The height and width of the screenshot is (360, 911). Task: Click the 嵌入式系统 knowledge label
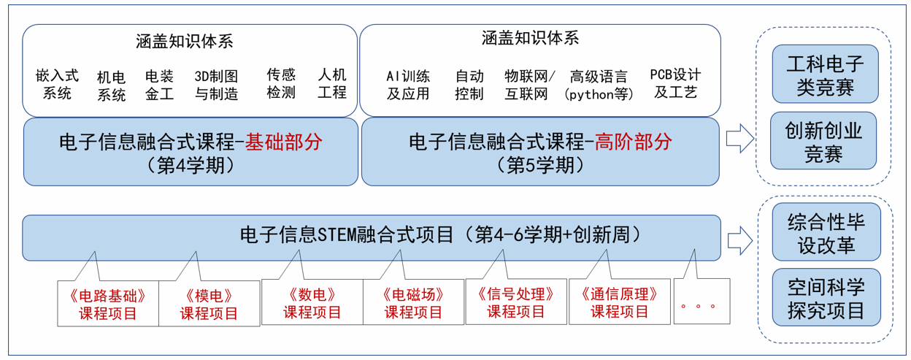57,84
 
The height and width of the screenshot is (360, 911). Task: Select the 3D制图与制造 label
216,85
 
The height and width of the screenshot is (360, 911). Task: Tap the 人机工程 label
332,83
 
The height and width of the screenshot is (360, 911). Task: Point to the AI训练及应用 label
408,85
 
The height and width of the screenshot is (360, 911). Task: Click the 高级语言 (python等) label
599,85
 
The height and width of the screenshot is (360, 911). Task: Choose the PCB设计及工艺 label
675,83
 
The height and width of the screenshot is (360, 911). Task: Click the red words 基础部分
283,142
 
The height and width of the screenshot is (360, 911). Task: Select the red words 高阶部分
633,142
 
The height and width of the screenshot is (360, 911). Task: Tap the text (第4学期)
191,166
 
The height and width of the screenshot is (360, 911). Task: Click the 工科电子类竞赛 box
825,74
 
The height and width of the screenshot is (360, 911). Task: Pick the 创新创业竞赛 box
823,141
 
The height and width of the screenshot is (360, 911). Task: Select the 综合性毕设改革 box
826,232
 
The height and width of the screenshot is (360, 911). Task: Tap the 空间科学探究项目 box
826,297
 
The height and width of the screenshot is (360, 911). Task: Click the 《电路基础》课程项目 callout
108,303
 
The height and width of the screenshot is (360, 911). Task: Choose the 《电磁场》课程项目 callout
413,302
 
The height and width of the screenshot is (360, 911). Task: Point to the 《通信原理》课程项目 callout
620,302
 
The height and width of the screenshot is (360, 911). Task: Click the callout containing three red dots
701,301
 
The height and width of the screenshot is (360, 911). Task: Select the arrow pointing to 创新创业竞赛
740,138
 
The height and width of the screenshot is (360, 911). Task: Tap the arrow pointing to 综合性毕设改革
740,241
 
